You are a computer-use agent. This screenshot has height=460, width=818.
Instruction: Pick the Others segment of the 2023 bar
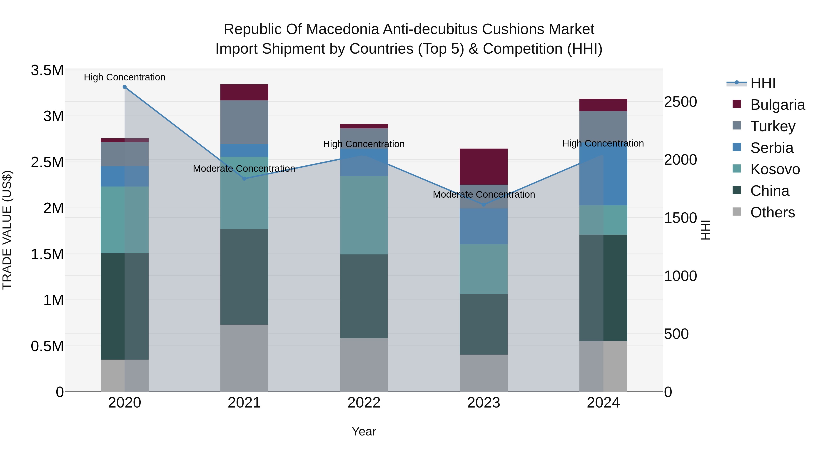(483, 373)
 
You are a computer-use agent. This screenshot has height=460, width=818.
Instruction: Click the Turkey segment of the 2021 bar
(244, 122)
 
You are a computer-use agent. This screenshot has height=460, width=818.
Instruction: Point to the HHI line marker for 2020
(125, 87)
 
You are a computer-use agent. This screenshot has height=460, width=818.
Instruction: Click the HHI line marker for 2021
(244, 179)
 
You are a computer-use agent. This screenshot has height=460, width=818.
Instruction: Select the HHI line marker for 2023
(483, 205)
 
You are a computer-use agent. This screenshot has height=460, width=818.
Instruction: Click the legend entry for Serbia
(771, 148)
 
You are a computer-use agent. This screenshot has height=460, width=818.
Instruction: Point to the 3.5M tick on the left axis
(47, 70)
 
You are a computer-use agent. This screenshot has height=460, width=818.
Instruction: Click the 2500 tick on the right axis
(681, 102)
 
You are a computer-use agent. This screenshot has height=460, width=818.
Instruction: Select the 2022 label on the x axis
(364, 403)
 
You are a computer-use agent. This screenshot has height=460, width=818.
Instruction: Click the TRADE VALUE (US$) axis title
(7, 230)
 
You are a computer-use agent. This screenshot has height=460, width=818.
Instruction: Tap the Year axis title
(364, 431)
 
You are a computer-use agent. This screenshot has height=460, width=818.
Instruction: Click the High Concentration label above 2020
(125, 77)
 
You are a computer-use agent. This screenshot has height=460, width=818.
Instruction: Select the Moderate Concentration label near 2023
(484, 194)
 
